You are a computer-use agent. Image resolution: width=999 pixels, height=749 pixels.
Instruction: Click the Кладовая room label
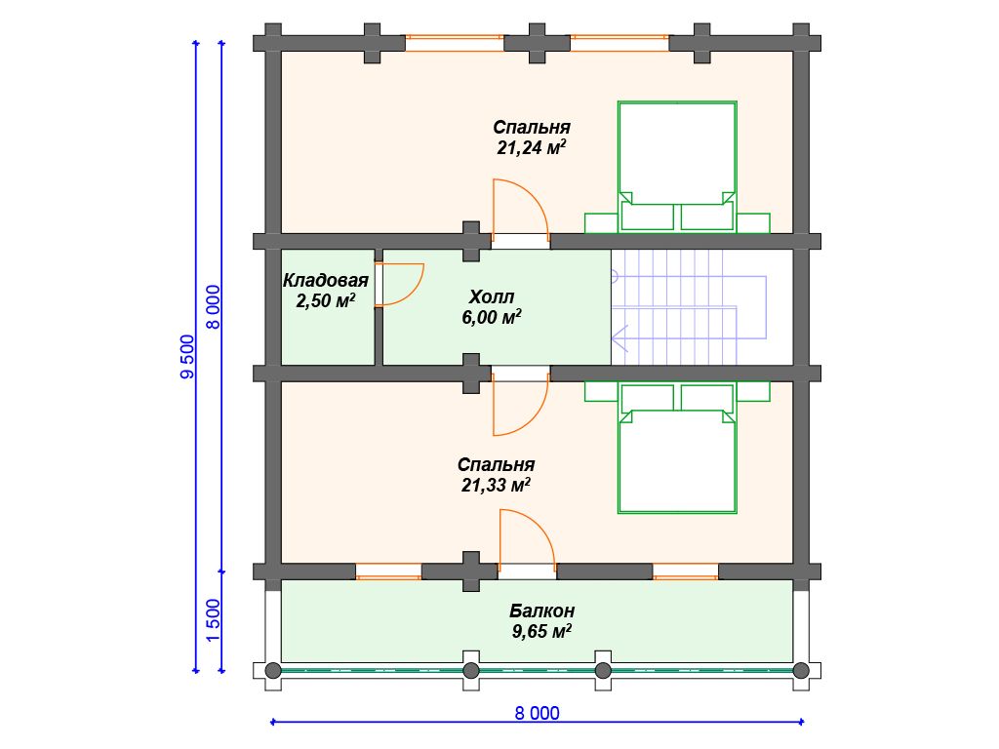point(326,280)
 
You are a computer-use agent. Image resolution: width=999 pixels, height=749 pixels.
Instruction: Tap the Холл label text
point(492,296)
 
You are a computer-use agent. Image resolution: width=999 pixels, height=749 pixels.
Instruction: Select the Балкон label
point(542,611)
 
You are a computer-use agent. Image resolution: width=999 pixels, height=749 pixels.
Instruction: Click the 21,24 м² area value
point(532,148)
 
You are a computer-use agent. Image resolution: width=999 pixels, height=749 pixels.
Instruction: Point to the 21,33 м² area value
point(497,486)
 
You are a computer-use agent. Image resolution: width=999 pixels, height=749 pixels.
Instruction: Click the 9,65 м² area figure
point(541,631)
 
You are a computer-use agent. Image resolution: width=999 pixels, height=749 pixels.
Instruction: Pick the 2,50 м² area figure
point(326,300)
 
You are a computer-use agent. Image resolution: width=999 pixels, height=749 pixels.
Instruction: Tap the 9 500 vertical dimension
point(187,357)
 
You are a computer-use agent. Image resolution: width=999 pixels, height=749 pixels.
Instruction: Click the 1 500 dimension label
point(213,621)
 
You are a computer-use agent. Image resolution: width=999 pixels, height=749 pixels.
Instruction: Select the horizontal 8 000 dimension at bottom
point(538,713)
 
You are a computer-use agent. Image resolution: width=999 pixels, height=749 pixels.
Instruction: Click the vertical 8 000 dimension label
point(213,306)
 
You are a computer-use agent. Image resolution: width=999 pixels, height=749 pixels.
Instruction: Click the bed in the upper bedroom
point(677,166)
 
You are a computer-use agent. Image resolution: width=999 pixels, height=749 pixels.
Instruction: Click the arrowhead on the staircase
point(619,338)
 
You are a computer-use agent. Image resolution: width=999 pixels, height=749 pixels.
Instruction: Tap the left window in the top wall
point(455,43)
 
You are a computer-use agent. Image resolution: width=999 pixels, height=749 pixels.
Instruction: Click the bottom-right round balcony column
point(801,670)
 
